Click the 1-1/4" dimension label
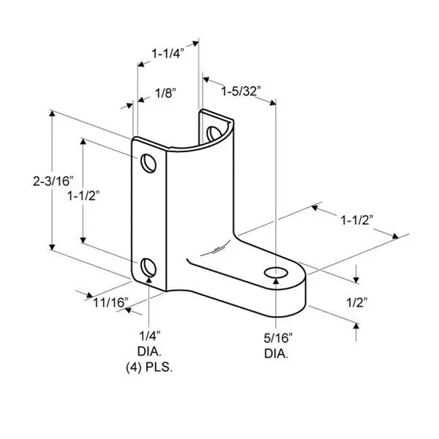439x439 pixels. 166,53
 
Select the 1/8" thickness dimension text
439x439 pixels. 165,93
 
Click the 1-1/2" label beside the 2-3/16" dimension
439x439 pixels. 83,195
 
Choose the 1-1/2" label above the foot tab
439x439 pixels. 357,219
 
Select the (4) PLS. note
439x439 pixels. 150,367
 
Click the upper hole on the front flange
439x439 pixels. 149,162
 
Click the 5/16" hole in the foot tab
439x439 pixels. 275,274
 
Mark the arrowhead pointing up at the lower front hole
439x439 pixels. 149,276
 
